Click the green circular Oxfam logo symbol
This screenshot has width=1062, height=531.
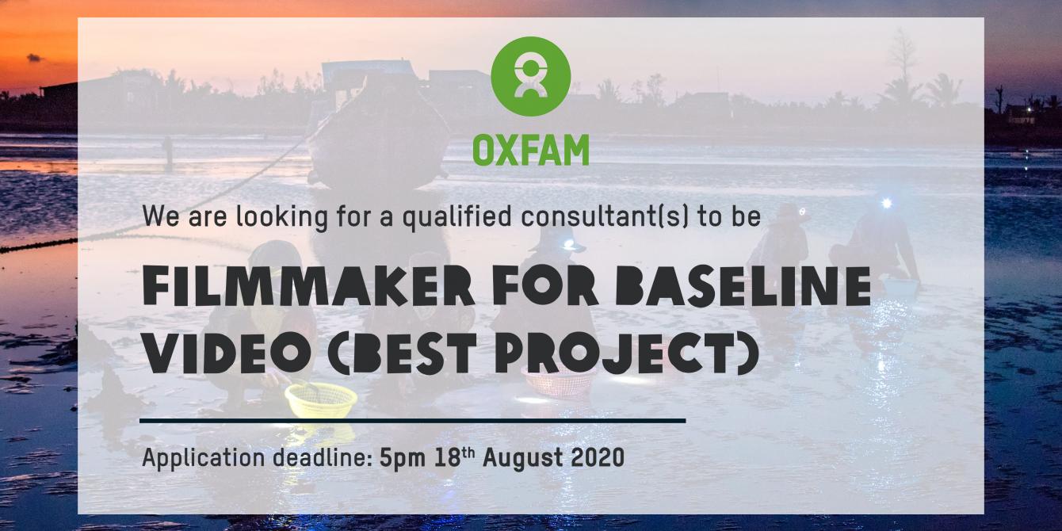click(530, 76)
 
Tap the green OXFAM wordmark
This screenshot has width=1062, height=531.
click(530, 150)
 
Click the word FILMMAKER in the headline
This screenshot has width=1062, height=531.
click(308, 286)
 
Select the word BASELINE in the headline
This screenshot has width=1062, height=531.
click(743, 286)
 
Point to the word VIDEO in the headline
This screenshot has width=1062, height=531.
click(227, 353)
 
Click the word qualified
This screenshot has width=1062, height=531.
click(457, 216)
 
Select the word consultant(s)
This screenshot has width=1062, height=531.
click(604, 216)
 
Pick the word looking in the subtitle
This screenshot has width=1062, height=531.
click(282, 216)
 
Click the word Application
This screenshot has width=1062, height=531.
click(204, 458)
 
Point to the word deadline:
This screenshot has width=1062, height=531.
click(323, 457)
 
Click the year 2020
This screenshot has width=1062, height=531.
click(598, 457)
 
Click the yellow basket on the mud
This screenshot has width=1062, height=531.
click(321, 399)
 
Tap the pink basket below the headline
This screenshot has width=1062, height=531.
click(559, 382)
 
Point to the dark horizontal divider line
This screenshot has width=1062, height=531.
click(412, 421)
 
